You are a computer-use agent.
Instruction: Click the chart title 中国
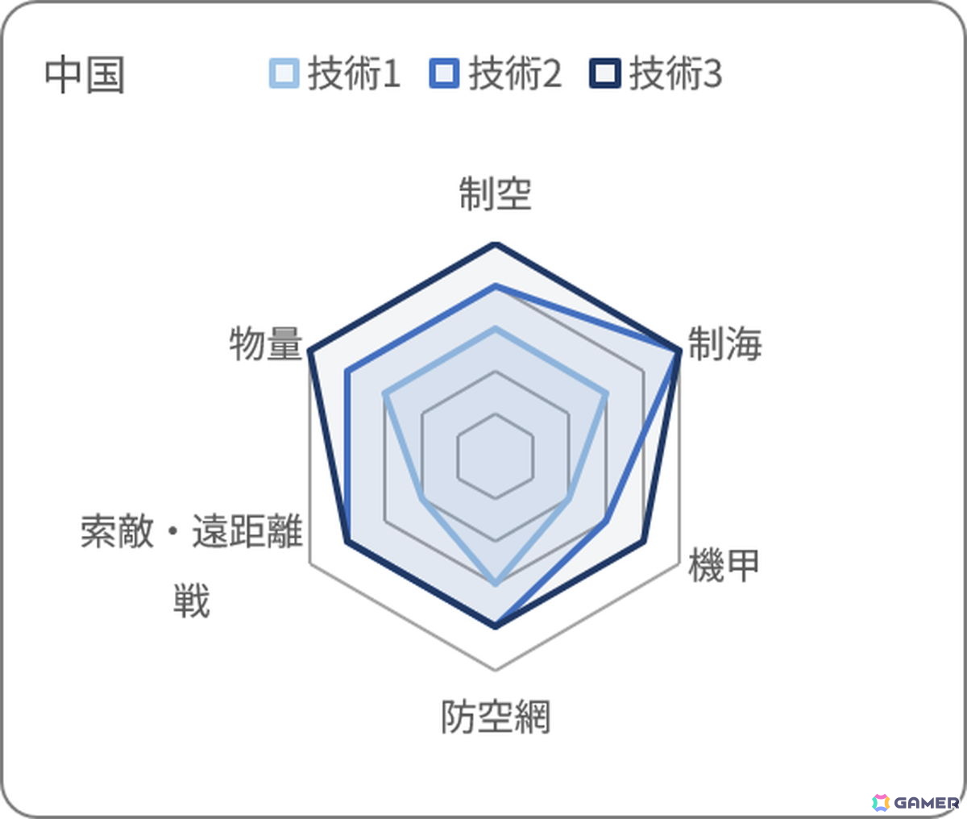tap(85, 75)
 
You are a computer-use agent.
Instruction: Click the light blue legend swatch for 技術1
tap(284, 73)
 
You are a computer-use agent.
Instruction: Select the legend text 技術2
tap(515, 73)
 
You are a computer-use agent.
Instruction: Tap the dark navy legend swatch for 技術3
tap(605, 73)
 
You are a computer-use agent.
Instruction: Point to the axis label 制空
tap(495, 193)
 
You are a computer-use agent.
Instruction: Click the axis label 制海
tap(725, 344)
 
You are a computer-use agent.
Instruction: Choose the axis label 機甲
tap(724, 565)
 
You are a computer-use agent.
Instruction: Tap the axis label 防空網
tap(496, 717)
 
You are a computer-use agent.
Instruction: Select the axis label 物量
tap(266, 344)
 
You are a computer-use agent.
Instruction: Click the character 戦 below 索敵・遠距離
tap(192, 601)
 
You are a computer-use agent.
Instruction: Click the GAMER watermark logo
tap(915, 803)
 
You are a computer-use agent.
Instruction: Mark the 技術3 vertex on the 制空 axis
tap(496, 244)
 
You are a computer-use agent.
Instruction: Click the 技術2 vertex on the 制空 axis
tap(496, 286)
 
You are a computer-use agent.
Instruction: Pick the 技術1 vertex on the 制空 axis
tap(496, 329)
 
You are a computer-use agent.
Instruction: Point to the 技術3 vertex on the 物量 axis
tap(310, 351)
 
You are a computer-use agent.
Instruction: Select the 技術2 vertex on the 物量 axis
tap(347, 372)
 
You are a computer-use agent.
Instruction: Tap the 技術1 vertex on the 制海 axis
tap(607, 393)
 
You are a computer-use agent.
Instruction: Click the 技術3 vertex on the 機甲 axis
tap(644, 543)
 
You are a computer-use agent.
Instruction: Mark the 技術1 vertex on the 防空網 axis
tap(496, 584)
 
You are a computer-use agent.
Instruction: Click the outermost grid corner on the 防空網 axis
tap(496, 670)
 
